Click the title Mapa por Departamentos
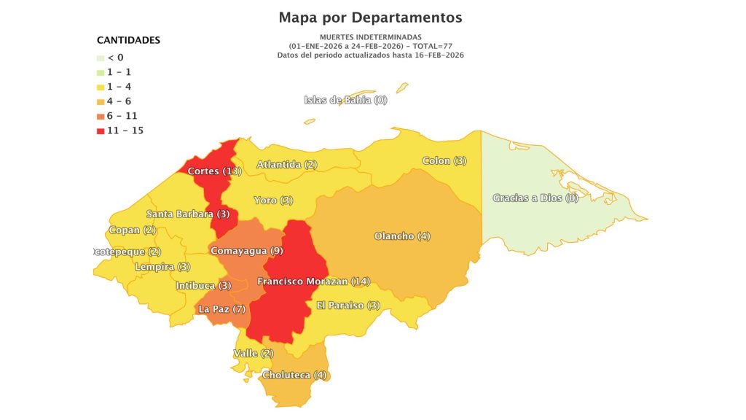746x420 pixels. [x=370, y=17]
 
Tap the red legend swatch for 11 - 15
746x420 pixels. [x=101, y=131]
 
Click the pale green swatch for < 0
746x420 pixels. [x=101, y=58]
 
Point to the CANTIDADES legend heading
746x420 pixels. [x=128, y=40]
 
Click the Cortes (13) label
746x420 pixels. [x=214, y=171]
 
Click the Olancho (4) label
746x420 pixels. [x=402, y=236]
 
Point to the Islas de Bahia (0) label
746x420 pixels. [x=345, y=100]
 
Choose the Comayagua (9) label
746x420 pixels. [x=246, y=251]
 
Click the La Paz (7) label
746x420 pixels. [x=222, y=309]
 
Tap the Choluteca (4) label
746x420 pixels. [x=295, y=376]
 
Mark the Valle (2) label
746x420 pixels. [x=253, y=354]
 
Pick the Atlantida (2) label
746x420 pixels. [x=286, y=165]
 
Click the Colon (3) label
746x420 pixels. [x=444, y=160]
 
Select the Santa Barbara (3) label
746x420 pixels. [x=188, y=214]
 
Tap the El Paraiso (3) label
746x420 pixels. [x=348, y=306]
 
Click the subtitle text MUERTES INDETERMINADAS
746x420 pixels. [x=370, y=36]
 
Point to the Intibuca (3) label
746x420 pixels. [x=203, y=286]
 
